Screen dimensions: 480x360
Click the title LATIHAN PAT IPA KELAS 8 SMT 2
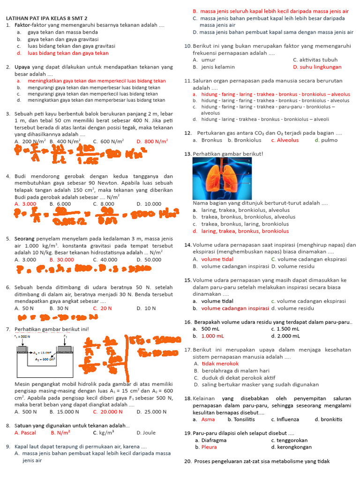point(47,18)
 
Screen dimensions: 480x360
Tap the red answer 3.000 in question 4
point(25,204)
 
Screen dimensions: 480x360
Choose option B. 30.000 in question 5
point(62,259)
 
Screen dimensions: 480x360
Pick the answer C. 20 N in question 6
point(102,308)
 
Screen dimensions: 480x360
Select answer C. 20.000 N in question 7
point(107,412)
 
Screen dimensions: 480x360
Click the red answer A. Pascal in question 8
point(26,433)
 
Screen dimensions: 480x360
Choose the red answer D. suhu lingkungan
point(317,67)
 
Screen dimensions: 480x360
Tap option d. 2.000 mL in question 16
point(287,336)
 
